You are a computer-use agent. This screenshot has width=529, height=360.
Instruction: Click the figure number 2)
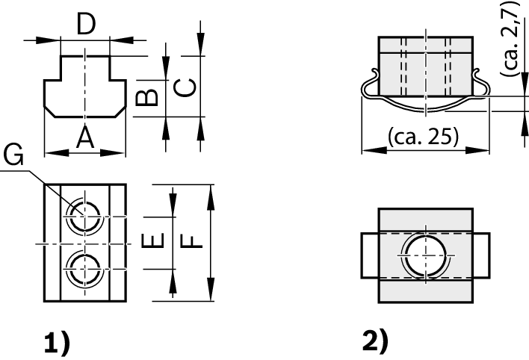pyautogui.click(x=375, y=341)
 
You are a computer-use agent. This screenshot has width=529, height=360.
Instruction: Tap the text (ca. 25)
pyautogui.click(x=424, y=137)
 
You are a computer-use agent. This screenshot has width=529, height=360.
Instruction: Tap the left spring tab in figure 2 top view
pyautogui.click(x=370, y=255)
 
